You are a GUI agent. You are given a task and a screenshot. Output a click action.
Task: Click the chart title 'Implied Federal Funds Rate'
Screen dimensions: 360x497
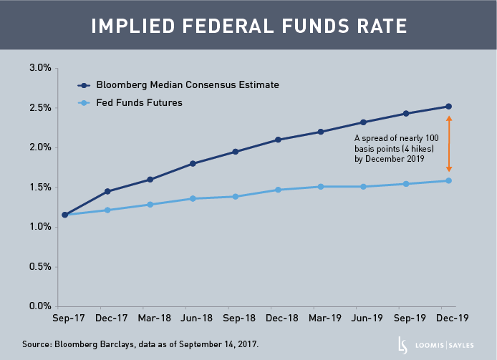248,26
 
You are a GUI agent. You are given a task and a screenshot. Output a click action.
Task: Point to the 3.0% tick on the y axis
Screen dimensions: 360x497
39,68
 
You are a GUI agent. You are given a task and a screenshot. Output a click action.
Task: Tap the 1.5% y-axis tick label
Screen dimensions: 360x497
39,188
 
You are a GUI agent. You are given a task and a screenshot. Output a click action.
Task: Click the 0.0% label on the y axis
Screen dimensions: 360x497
39,306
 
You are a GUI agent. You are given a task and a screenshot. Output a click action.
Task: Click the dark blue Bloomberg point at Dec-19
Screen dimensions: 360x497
449,107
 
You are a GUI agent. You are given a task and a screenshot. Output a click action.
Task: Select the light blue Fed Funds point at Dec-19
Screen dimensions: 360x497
449,180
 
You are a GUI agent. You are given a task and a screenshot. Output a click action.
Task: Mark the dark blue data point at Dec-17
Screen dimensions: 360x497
107,191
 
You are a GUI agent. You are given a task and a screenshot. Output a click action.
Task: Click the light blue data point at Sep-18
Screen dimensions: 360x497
236,196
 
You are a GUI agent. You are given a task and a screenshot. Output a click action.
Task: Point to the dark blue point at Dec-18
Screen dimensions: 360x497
279,140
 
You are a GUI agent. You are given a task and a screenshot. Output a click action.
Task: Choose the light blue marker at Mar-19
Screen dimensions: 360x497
321,187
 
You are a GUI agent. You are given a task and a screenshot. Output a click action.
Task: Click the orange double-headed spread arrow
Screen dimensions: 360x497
449,143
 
